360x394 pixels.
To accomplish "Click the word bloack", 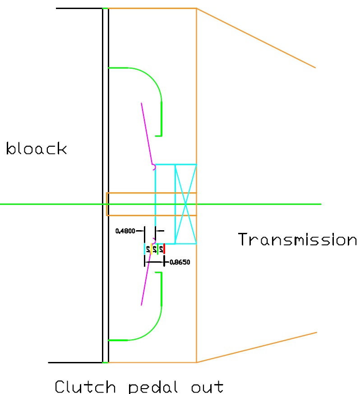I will [36, 148].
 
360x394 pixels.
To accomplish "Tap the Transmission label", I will [297, 239].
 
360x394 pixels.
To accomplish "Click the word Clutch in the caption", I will [85, 387].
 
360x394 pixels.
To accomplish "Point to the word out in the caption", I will [206, 387].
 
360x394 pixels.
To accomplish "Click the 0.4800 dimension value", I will [126, 231].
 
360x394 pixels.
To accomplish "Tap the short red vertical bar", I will [164, 249].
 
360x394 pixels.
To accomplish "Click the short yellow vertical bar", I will [151, 249].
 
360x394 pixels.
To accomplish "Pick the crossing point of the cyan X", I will [185, 204].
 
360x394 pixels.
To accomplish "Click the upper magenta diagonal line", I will [147, 134].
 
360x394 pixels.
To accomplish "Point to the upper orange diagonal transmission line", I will [256, 38].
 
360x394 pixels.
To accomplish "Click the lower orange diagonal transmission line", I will [257, 348].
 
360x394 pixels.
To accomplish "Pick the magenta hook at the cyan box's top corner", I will [154, 167].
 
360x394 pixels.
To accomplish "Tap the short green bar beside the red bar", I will [157, 249].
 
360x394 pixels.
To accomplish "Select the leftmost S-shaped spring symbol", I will [148, 249].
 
